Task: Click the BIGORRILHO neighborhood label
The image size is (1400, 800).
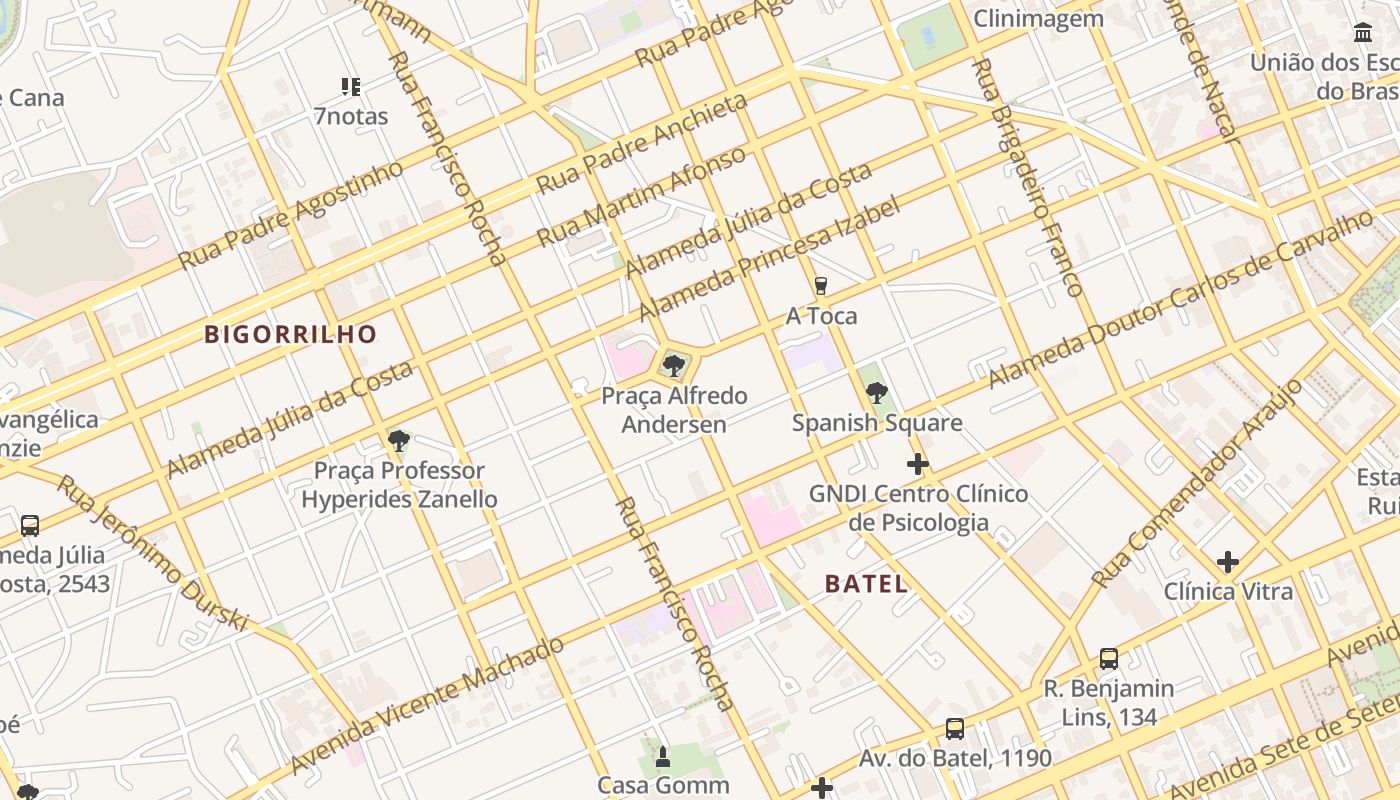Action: (291, 334)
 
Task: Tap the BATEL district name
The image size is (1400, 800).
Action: (867, 584)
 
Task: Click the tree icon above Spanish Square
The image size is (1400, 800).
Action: (877, 393)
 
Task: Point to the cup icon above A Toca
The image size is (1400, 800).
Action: (821, 286)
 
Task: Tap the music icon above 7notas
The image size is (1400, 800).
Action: (350, 87)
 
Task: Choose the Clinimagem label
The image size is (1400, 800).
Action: (1038, 18)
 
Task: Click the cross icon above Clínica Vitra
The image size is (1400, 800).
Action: (1228, 562)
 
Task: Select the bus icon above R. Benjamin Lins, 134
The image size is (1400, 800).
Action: (1108, 658)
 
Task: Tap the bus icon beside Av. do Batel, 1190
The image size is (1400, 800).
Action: (955, 729)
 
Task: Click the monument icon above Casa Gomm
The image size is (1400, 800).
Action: (662, 757)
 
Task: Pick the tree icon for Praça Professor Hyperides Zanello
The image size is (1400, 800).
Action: (399, 441)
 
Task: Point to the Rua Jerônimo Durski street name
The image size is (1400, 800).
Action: (152, 552)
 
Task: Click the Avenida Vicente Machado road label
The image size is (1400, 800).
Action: (428, 704)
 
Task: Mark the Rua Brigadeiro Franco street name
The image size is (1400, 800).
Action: (1027, 177)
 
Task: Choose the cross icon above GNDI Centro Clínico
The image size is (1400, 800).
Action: (917, 464)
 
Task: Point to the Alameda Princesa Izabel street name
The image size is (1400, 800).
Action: (769, 258)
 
